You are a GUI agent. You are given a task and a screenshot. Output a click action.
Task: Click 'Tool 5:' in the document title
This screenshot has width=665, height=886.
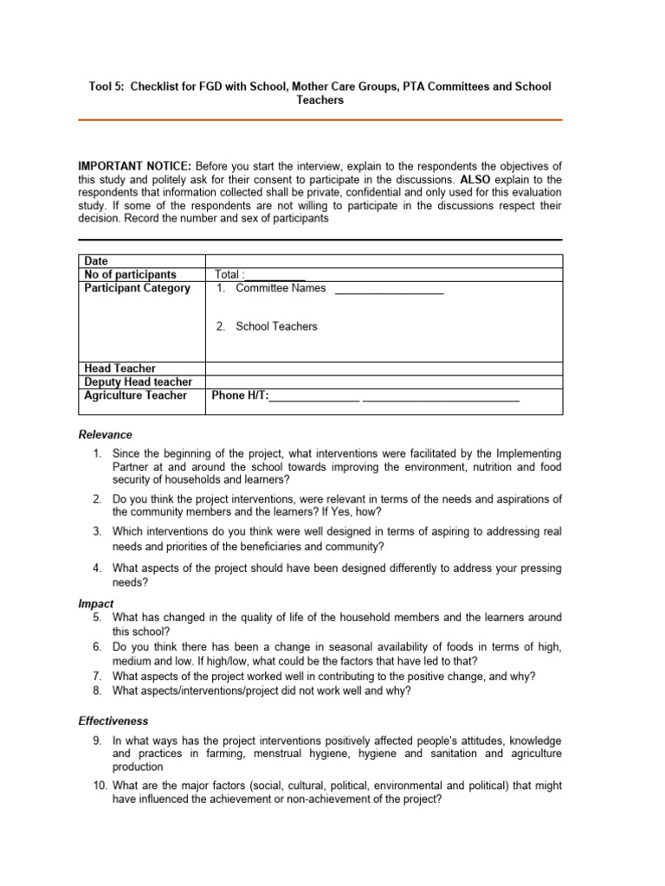(x=107, y=87)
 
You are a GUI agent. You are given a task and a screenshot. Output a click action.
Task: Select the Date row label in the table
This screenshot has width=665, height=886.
(x=96, y=261)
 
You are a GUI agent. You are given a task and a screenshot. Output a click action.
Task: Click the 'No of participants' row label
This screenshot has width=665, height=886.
(x=130, y=274)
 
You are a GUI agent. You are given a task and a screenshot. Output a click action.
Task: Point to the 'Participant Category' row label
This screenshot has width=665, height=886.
(x=137, y=288)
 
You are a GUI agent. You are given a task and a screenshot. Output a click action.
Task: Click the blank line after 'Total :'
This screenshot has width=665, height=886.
(x=275, y=276)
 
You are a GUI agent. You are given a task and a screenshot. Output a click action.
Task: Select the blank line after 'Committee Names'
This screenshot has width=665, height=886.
(x=389, y=291)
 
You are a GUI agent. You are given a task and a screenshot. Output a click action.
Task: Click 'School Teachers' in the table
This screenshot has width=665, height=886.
(x=276, y=326)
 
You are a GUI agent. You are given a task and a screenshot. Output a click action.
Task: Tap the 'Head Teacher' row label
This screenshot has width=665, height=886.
(x=119, y=369)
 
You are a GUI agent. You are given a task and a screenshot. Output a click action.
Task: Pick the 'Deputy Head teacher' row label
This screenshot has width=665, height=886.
(x=138, y=382)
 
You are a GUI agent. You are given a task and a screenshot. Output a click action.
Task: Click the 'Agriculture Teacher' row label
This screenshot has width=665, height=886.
(x=135, y=395)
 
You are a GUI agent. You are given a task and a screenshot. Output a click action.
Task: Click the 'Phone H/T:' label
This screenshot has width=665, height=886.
(x=240, y=396)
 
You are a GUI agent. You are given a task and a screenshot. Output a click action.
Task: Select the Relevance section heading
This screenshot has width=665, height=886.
(x=106, y=434)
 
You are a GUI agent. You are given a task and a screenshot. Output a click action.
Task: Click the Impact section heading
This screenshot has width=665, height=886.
(x=96, y=604)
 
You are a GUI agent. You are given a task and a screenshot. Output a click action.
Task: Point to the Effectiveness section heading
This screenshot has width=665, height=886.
(x=113, y=721)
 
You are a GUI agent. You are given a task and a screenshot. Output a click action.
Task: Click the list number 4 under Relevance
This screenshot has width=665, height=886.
(x=98, y=568)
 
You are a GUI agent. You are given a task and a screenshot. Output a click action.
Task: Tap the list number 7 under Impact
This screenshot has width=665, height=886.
(x=98, y=676)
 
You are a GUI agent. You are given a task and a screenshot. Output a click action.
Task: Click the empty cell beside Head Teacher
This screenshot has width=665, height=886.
(x=384, y=369)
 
